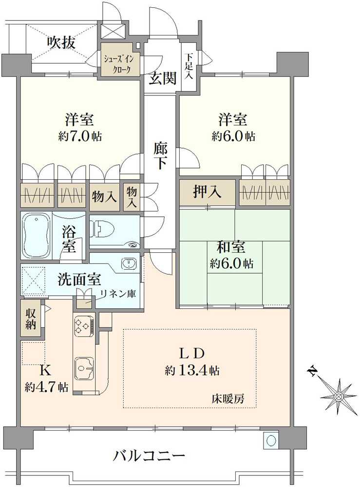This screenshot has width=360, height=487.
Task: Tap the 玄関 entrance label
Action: [162, 79]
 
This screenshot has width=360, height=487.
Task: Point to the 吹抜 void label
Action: [61, 43]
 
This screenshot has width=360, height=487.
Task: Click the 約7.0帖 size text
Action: [80, 136]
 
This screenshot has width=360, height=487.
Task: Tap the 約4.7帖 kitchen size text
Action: [46, 388]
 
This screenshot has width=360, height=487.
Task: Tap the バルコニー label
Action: [150, 457]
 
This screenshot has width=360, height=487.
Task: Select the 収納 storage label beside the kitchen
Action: [30, 319]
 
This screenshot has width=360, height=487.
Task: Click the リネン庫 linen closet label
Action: [118, 294]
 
